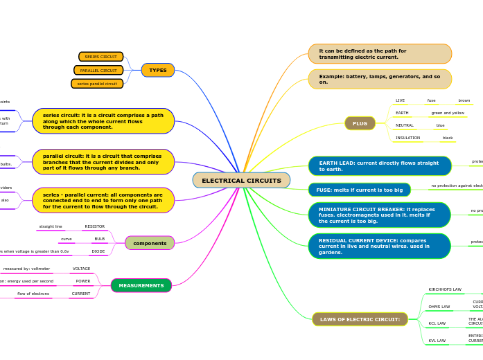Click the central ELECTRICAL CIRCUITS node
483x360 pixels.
pyautogui.click(x=241, y=181)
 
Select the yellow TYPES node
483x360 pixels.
pyautogui.click(x=158, y=70)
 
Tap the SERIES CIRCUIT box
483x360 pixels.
pyautogui.click(x=101, y=57)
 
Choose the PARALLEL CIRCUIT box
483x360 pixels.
pyautogui.click(x=98, y=70)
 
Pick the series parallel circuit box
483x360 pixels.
pyautogui.click(x=97, y=84)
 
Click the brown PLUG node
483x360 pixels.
pyautogui.click(x=360, y=123)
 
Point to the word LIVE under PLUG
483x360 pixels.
pyautogui.click(x=400, y=100)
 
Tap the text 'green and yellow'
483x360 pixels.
pyautogui.click(x=448, y=113)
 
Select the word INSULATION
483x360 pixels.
pyautogui.click(x=407, y=138)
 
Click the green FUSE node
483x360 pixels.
pyautogui.click(x=359, y=190)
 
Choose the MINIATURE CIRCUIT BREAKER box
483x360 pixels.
pyautogui.click(x=379, y=215)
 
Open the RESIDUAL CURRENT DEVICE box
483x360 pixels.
pyautogui.click(x=379, y=246)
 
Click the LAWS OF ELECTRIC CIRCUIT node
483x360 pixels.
pyautogui.click(x=360, y=319)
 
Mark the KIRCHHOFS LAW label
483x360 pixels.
pyautogui.click(x=445, y=289)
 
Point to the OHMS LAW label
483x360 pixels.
pyautogui.click(x=439, y=307)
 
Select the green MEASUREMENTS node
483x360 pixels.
pyautogui.click(x=141, y=285)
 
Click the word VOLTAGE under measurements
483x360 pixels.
pyautogui.click(x=82, y=269)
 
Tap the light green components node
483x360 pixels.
pyautogui.click(x=150, y=243)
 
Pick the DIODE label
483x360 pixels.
pyautogui.click(x=98, y=251)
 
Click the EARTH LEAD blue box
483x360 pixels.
pyautogui.click(x=379, y=166)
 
